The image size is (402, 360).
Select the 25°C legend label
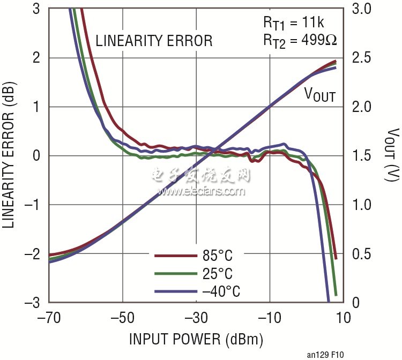[218, 274]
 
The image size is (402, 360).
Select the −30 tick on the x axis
[196, 318]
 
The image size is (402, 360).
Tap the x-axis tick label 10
[343, 318]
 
